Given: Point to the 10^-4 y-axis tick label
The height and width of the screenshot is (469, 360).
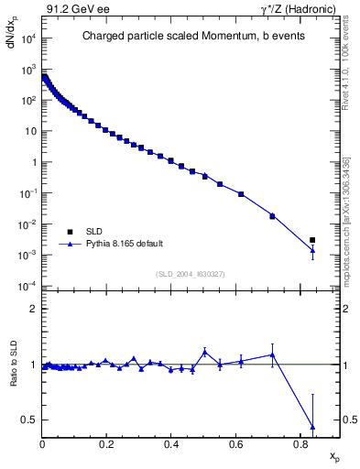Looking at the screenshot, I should pos(29,287).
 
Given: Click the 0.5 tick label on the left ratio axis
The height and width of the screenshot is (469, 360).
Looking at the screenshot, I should pos(31,420).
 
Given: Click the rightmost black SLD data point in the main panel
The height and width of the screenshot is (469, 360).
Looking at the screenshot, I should pos(312,240).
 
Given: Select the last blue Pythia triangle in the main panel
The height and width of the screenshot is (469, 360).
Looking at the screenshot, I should pos(312,250).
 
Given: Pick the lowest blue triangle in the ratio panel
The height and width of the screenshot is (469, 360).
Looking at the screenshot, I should pos(312,427).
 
